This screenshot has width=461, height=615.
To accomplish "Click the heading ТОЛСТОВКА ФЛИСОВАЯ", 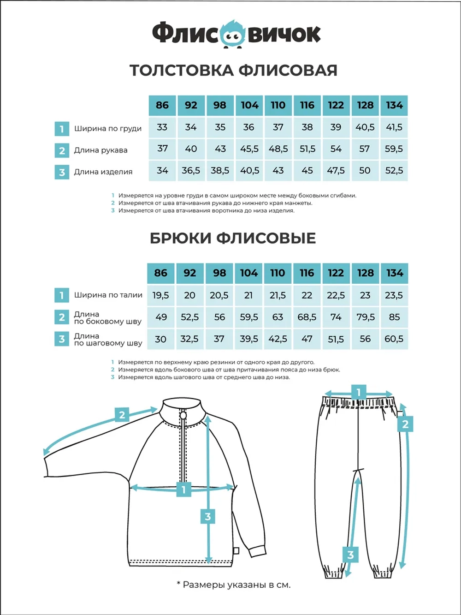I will [233, 70].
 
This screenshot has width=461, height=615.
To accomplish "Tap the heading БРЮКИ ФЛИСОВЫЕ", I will [233, 238].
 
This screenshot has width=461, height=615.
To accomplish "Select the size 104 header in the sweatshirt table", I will [249, 105].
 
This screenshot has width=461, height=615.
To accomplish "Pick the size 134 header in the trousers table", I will [394, 273].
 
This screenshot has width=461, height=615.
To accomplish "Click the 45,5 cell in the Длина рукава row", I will [249, 149].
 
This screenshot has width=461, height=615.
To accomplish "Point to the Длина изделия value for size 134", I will [394, 171].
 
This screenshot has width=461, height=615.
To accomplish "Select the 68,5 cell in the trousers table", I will [307, 317].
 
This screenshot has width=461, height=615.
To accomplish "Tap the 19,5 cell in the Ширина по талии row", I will [160, 295].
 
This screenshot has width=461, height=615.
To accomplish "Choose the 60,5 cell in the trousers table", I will [394, 339].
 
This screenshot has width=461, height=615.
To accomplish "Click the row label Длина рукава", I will [100, 150].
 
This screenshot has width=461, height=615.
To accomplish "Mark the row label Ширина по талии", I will [108, 295].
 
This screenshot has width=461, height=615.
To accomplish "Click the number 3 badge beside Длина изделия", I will [62, 173].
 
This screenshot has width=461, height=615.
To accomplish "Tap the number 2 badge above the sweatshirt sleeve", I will [122, 415].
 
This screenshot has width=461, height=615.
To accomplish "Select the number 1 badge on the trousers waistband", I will [359, 393].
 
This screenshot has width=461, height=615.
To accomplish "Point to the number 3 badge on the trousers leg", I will [350, 554].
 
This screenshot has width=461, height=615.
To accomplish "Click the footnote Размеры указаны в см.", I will [233, 585].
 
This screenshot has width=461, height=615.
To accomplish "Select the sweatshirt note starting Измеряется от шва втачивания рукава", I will [215, 203].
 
